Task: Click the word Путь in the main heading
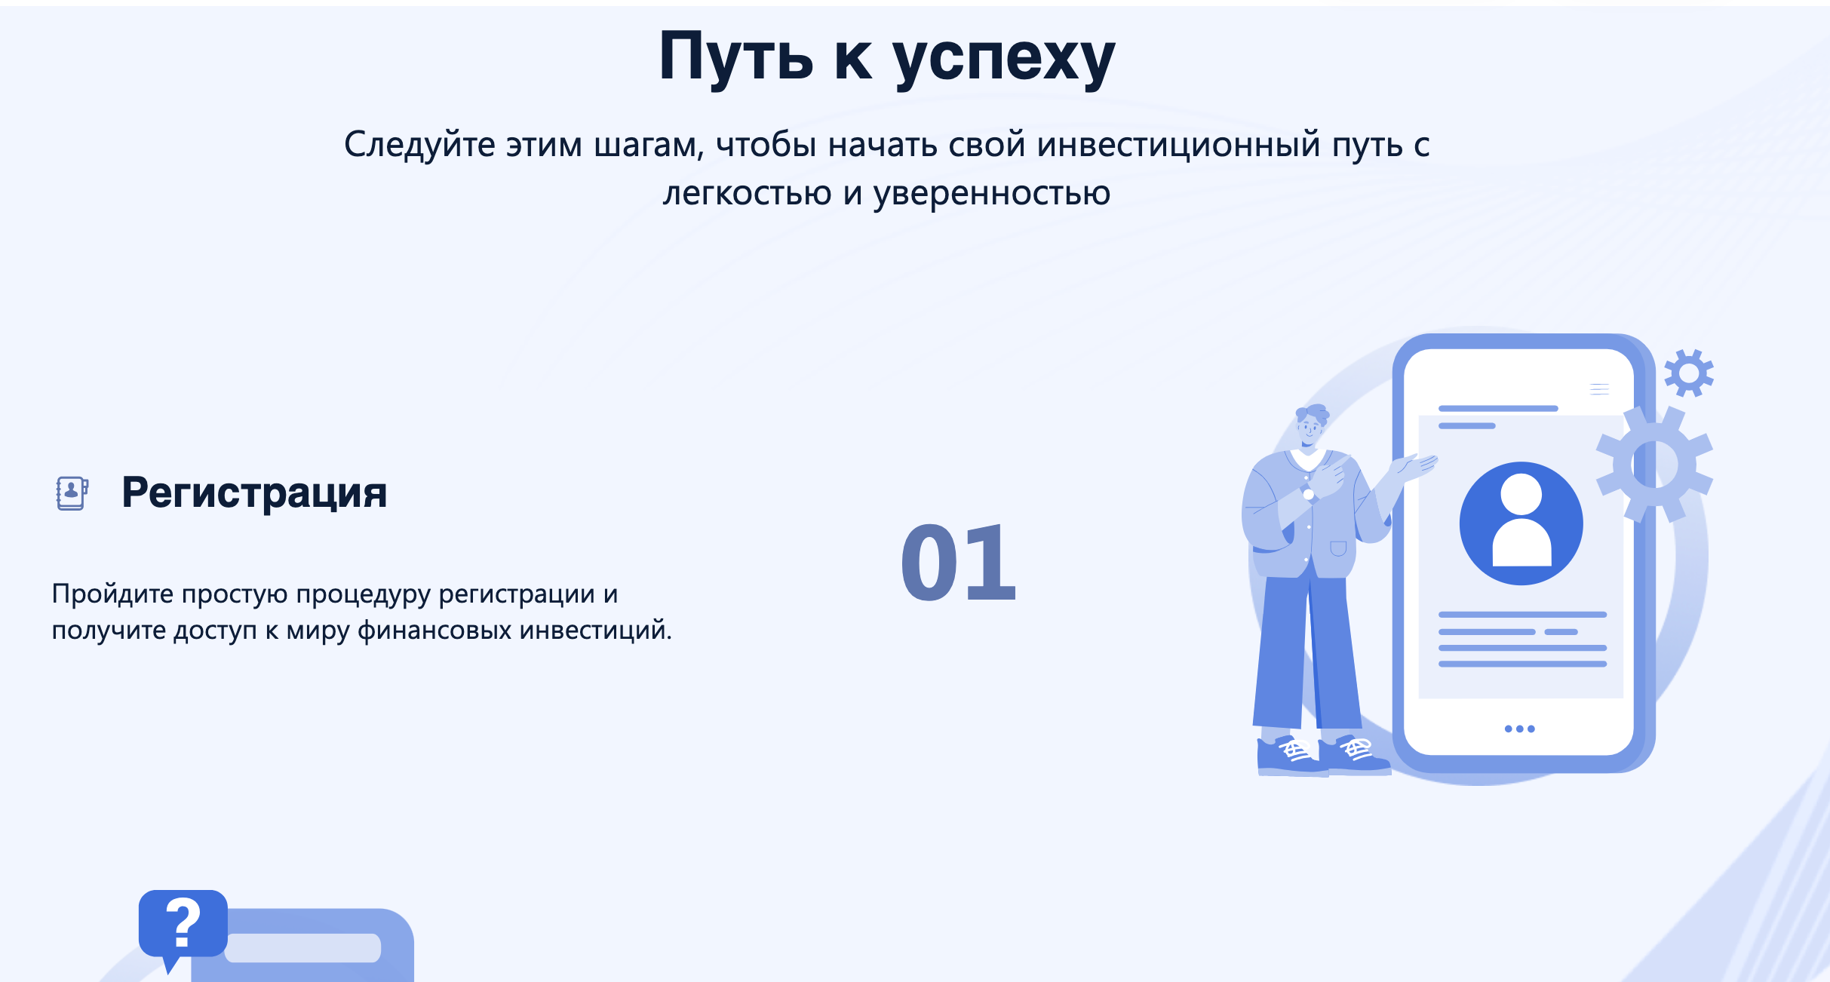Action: tap(736, 57)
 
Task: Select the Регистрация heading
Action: tap(254, 493)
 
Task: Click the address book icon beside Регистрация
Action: tap(72, 493)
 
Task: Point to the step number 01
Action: tap(959, 563)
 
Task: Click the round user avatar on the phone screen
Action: tap(1521, 523)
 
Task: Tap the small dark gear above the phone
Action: tap(1689, 373)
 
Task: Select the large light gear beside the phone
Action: tap(1655, 464)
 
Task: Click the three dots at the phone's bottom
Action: tap(1519, 729)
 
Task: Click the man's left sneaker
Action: tap(1291, 756)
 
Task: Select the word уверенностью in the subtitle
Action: tap(991, 194)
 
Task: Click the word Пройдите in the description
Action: tap(112, 594)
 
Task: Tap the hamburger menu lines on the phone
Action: tap(1599, 389)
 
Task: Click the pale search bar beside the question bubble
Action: tap(302, 948)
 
